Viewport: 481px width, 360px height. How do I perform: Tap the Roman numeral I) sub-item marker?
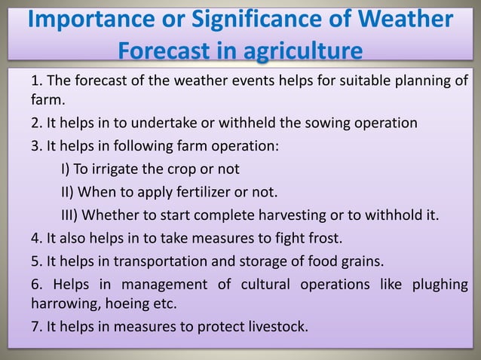point(65,166)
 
